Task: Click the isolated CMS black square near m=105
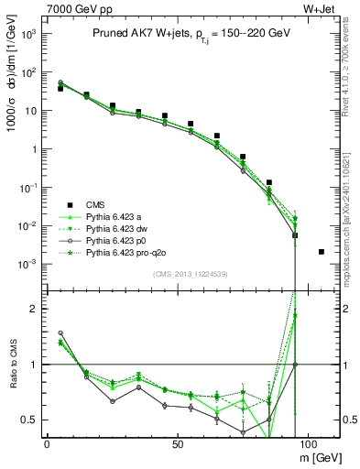[x=321, y=252]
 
